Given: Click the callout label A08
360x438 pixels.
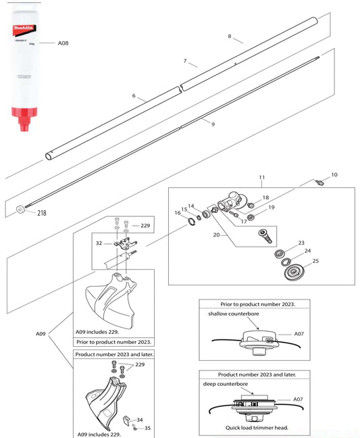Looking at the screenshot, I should coord(63,43).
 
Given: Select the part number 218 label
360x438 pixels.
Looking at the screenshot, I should coord(43,213).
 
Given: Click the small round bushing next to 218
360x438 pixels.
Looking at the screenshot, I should coord(20,210).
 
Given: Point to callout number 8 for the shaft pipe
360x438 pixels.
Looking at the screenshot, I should coord(230,36).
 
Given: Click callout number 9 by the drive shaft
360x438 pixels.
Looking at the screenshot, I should coord(213,124).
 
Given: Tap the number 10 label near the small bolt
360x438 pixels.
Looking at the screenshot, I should coord(334,174).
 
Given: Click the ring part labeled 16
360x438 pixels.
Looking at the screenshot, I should coord(191,221).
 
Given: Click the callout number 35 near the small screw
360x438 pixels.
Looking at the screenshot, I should coord(149,428).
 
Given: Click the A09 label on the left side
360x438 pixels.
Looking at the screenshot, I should coord(43,333).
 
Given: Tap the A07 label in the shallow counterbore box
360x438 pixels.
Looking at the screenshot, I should coord(301,333).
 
